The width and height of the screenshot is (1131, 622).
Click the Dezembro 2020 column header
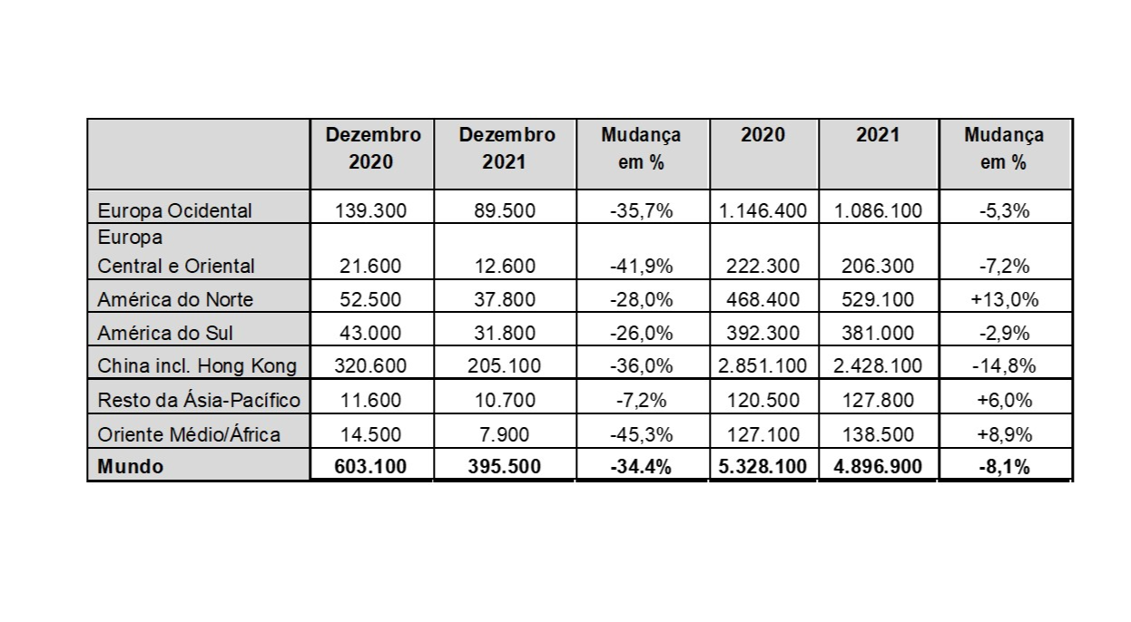tap(373, 149)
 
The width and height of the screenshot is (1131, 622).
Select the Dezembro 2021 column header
tap(506, 149)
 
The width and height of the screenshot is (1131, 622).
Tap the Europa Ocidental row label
tap(174, 210)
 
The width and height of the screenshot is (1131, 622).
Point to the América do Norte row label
tap(174, 299)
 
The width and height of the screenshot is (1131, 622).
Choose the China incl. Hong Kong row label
tap(197, 365)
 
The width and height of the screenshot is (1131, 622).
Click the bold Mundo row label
tap(131, 467)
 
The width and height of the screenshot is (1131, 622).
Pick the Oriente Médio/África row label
tap(189, 433)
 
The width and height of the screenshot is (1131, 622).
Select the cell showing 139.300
tap(370, 211)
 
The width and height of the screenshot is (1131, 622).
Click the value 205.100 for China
tap(505, 365)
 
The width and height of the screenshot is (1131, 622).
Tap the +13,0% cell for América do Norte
tap(1004, 299)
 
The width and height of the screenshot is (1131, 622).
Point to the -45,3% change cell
tap(641, 434)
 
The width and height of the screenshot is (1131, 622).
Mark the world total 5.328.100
tap(762, 467)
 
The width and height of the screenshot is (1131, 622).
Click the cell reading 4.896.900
tap(878, 467)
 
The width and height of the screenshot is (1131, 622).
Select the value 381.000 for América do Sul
tap(878, 333)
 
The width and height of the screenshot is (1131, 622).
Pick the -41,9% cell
tap(641, 267)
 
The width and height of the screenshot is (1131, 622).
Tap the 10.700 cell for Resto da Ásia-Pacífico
tap(505, 400)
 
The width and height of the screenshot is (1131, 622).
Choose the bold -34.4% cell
tap(641, 467)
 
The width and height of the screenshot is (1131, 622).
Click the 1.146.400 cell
tap(762, 211)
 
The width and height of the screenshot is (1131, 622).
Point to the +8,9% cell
tap(1004, 434)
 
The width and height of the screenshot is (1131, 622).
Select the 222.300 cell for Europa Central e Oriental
tap(762, 267)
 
